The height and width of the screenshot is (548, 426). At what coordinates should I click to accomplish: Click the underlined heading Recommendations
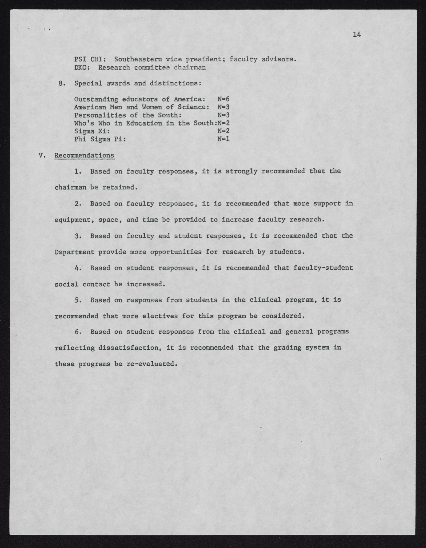tap(84, 155)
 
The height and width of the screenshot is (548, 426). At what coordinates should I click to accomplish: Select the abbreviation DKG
tap(80, 68)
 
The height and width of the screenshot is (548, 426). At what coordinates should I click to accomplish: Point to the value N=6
tap(223, 99)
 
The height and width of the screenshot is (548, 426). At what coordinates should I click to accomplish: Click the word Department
tap(74, 252)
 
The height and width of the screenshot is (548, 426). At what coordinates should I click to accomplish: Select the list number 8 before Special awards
tap(61, 83)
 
